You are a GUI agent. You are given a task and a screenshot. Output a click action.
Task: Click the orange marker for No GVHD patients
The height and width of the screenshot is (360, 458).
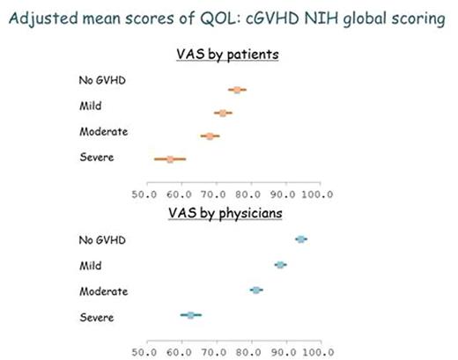236,90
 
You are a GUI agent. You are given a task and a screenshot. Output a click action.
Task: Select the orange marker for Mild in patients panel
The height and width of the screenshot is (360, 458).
223,113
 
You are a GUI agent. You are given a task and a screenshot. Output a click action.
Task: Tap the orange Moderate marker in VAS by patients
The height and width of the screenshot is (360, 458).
209,136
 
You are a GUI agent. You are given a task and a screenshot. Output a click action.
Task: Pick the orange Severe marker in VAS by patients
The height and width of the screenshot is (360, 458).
170,159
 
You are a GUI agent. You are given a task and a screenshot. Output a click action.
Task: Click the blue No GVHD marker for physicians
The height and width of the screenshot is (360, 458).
301,239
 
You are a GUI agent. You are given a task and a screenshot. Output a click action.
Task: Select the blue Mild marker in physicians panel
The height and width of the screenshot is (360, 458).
281,264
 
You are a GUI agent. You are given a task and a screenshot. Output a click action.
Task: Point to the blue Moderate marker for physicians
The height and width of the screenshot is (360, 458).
256,290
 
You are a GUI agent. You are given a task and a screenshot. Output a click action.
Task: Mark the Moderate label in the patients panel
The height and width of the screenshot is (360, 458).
102,132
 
